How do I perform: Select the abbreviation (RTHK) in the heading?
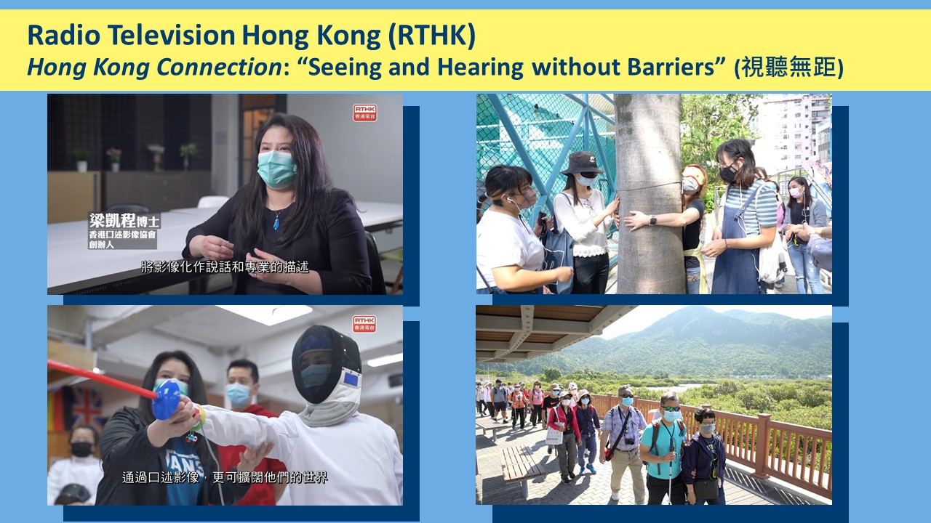[431, 36]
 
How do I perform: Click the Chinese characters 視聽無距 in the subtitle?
[788, 68]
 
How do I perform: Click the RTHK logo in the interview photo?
[364, 113]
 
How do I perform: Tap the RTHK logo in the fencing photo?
[364, 324]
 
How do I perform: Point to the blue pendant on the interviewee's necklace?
[276, 223]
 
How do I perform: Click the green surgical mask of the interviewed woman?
[276, 169]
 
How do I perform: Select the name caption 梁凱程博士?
[124, 221]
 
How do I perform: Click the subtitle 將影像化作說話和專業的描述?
[225, 267]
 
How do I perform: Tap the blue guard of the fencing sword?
[167, 400]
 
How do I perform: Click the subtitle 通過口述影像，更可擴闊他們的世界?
[225, 477]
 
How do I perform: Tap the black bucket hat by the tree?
[582, 163]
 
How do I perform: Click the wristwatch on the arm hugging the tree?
[652, 220]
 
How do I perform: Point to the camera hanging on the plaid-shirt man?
[629, 441]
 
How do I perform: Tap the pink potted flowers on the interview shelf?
[114, 155]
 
